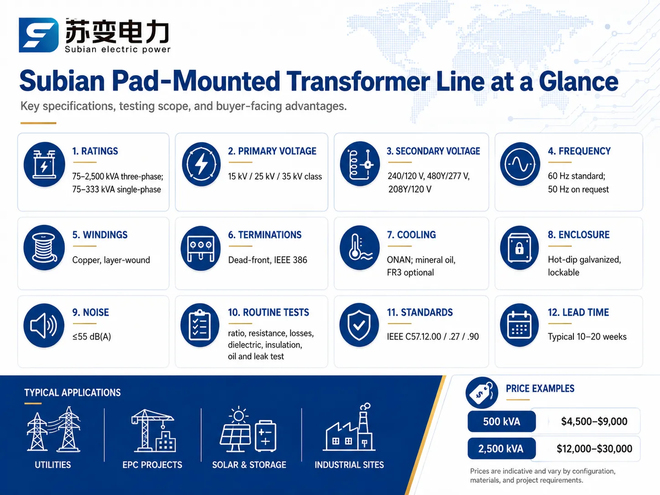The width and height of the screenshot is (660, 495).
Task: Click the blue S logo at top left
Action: pyautogui.click(x=38, y=35)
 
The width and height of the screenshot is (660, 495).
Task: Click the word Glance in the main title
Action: pyautogui.click(x=578, y=81)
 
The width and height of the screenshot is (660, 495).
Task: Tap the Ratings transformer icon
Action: pyautogui.click(x=45, y=164)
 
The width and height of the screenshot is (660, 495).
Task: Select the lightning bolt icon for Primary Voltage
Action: pyautogui.click(x=201, y=164)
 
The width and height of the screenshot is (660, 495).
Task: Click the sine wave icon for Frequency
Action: pyautogui.click(x=520, y=164)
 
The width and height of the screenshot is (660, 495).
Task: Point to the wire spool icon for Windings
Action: pyautogui.click(x=44, y=247)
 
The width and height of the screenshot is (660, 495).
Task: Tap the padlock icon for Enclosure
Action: pyautogui.click(x=519, y=247)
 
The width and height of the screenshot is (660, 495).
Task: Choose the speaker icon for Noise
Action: pyautogui.click(x=44, y=325)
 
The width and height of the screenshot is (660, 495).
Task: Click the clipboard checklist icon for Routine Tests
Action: pyautogui.click(x=200, y=325)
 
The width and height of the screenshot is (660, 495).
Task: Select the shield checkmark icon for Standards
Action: pyautogui.click(x=359, y=325)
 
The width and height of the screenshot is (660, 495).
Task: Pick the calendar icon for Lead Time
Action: pyautogui.click(x=519, y=325)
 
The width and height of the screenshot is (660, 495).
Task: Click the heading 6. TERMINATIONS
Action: pyautogui.click(x=265, y=235)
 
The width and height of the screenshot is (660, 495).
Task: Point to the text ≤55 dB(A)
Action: pyautogui.click(x=92, y=337)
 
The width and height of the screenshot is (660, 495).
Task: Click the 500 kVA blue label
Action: pyautogui.click(x=501, y=421)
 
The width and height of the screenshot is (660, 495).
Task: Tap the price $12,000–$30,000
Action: pyautogui.click(x=594, y=449)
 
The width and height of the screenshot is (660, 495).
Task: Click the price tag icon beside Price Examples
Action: pyautogui.click(x=482, y=392)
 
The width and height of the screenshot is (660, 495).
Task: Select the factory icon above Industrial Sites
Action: pyautogui.click(x=349, y=427)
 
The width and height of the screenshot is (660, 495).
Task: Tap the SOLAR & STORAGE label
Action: pyautogui.click(x=249, y=465)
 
